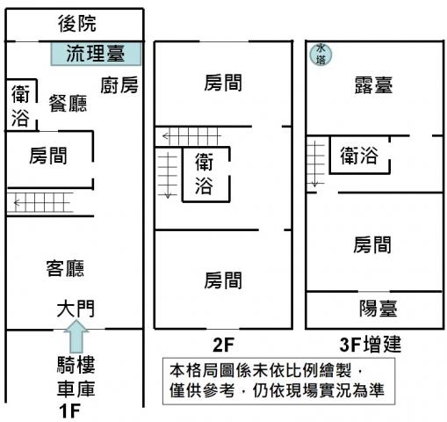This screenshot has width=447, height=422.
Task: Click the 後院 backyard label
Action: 77,24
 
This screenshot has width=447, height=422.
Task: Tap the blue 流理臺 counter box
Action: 96,54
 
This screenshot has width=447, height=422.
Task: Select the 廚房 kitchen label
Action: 119,85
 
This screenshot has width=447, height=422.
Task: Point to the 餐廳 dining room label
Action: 68,103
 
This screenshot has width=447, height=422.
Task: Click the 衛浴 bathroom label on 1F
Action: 20,105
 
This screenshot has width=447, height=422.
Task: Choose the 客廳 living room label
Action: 65,268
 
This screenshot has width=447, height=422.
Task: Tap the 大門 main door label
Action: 76,309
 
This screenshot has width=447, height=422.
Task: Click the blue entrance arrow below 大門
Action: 76,336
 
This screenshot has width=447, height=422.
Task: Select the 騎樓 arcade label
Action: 76,365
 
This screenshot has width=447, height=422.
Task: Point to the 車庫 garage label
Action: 76,389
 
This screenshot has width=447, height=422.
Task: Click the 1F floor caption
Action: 69,411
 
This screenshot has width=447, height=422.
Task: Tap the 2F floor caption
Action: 223,345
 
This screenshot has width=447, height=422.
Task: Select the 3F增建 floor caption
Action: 370,345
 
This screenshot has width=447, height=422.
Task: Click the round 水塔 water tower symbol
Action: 321,55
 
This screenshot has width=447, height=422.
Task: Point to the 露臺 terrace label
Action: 373,85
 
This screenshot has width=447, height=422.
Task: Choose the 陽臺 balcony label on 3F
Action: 379,309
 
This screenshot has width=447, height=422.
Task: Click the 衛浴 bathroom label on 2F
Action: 204,174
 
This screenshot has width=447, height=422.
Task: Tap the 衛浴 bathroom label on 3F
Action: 359,156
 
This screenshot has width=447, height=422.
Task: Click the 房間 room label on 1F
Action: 48,156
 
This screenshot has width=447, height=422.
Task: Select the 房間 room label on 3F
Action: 372,244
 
